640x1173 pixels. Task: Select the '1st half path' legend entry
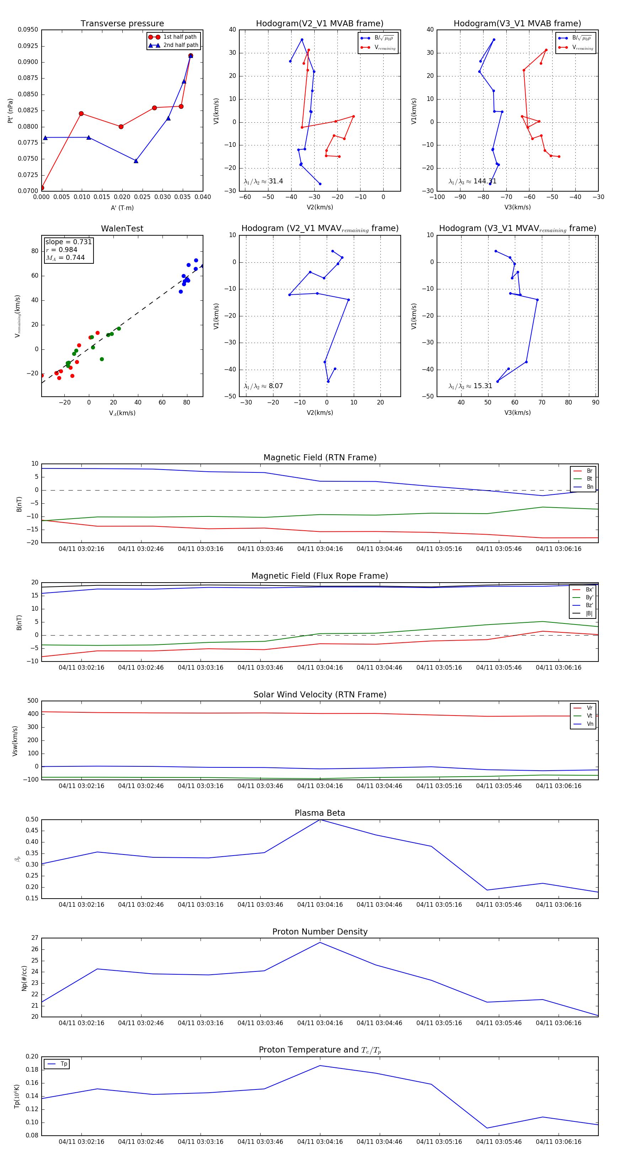click(180, 37)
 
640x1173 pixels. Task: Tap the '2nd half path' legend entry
click(180, 45)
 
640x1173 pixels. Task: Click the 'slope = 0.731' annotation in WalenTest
click(68, 242)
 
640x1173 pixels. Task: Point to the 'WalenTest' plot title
click(122, 229)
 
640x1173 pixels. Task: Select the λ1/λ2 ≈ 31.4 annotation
click(263, 181)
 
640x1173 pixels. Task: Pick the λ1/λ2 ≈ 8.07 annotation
click(263, 386)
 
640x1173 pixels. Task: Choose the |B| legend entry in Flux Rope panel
click(588, 614)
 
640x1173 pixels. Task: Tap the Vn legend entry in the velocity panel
click(590, 724)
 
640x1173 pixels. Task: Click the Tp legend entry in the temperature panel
click(63, 1064)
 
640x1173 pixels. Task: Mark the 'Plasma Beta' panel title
click(320, 813)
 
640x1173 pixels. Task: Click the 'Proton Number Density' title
click(320, 932)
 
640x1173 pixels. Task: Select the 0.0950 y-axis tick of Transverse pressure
click(28, 30)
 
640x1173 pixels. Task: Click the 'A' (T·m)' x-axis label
click(122, 208)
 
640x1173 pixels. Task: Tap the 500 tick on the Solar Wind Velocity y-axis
click(33, 701)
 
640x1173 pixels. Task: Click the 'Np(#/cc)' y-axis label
click(24, 978)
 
